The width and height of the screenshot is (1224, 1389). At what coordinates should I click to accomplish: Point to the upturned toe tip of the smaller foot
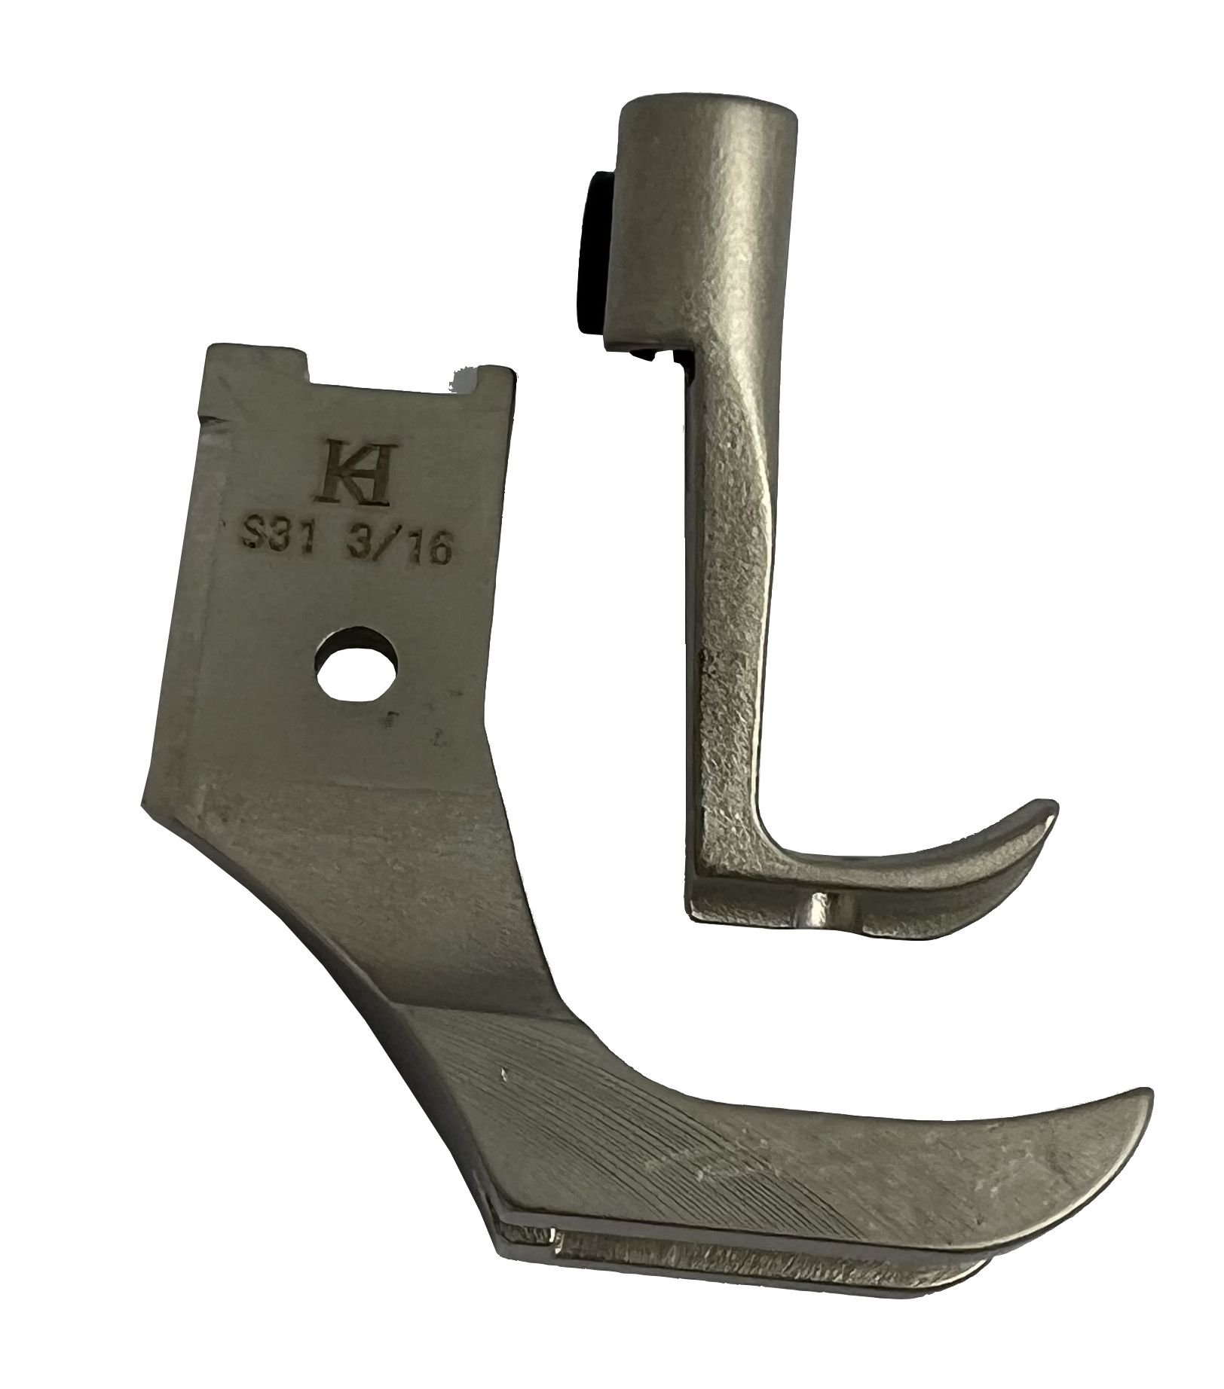[x=1048, y=807]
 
